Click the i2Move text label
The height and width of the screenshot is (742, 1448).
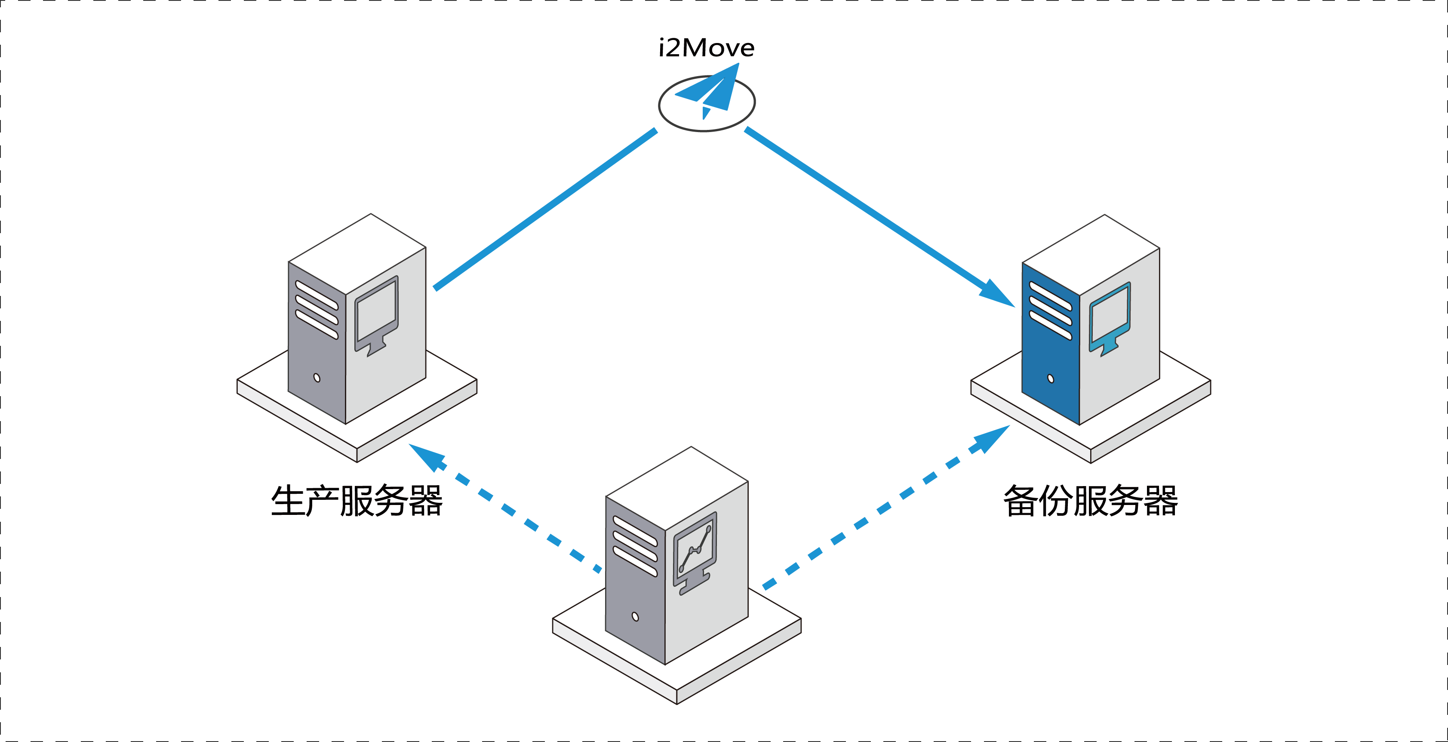pyautogui.click(x=707, y=48)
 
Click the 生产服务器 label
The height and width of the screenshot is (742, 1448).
pyautogui.click(x=357, y=500)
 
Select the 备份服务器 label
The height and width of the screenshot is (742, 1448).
pyautogui.click(x=1091, y=500)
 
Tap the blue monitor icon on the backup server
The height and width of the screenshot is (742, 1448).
pyautogui.click(x=1110, y=319)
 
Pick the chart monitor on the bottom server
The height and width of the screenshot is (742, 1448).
pyautogui.click(x=695, y=553)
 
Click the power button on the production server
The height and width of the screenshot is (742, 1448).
pyautogui.click(x=317, y=378)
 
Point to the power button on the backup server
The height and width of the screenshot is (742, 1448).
pyautogui.click(x=1051, y=378)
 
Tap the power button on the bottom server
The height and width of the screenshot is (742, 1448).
pyautogui.click(x=635, y=617)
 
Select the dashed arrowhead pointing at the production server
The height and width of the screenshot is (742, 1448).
pyautogui.click(x=427, y=456)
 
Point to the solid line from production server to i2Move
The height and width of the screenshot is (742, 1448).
pyautogui.click(x=545, y=209)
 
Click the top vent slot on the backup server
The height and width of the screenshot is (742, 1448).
pyautogui.click(x=1050, y=295)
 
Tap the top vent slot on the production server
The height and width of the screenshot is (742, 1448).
pyautogui.click(x=317, y=295)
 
